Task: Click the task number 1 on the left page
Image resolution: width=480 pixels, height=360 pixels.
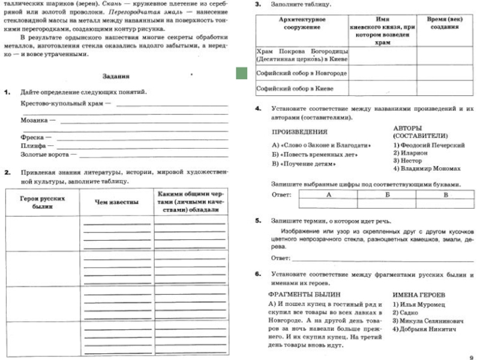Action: [x=7, y=92]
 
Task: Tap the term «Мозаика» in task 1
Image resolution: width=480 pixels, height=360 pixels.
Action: [x=34, y=120]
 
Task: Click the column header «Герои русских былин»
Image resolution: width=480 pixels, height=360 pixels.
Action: [x=42, y=202]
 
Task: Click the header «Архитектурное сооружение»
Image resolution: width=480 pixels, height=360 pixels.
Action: [x=302, y=23]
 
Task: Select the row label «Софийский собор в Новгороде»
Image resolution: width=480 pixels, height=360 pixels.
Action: [x=301, y=73]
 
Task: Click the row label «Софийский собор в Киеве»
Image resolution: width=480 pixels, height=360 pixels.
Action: [x=294, y=88]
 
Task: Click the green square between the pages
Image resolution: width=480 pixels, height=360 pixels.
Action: [x=242, y=73]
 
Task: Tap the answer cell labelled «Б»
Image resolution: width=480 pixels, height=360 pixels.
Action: [x=388, y=195]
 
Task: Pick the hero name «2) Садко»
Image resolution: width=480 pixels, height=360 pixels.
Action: [x=404, y=313]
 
